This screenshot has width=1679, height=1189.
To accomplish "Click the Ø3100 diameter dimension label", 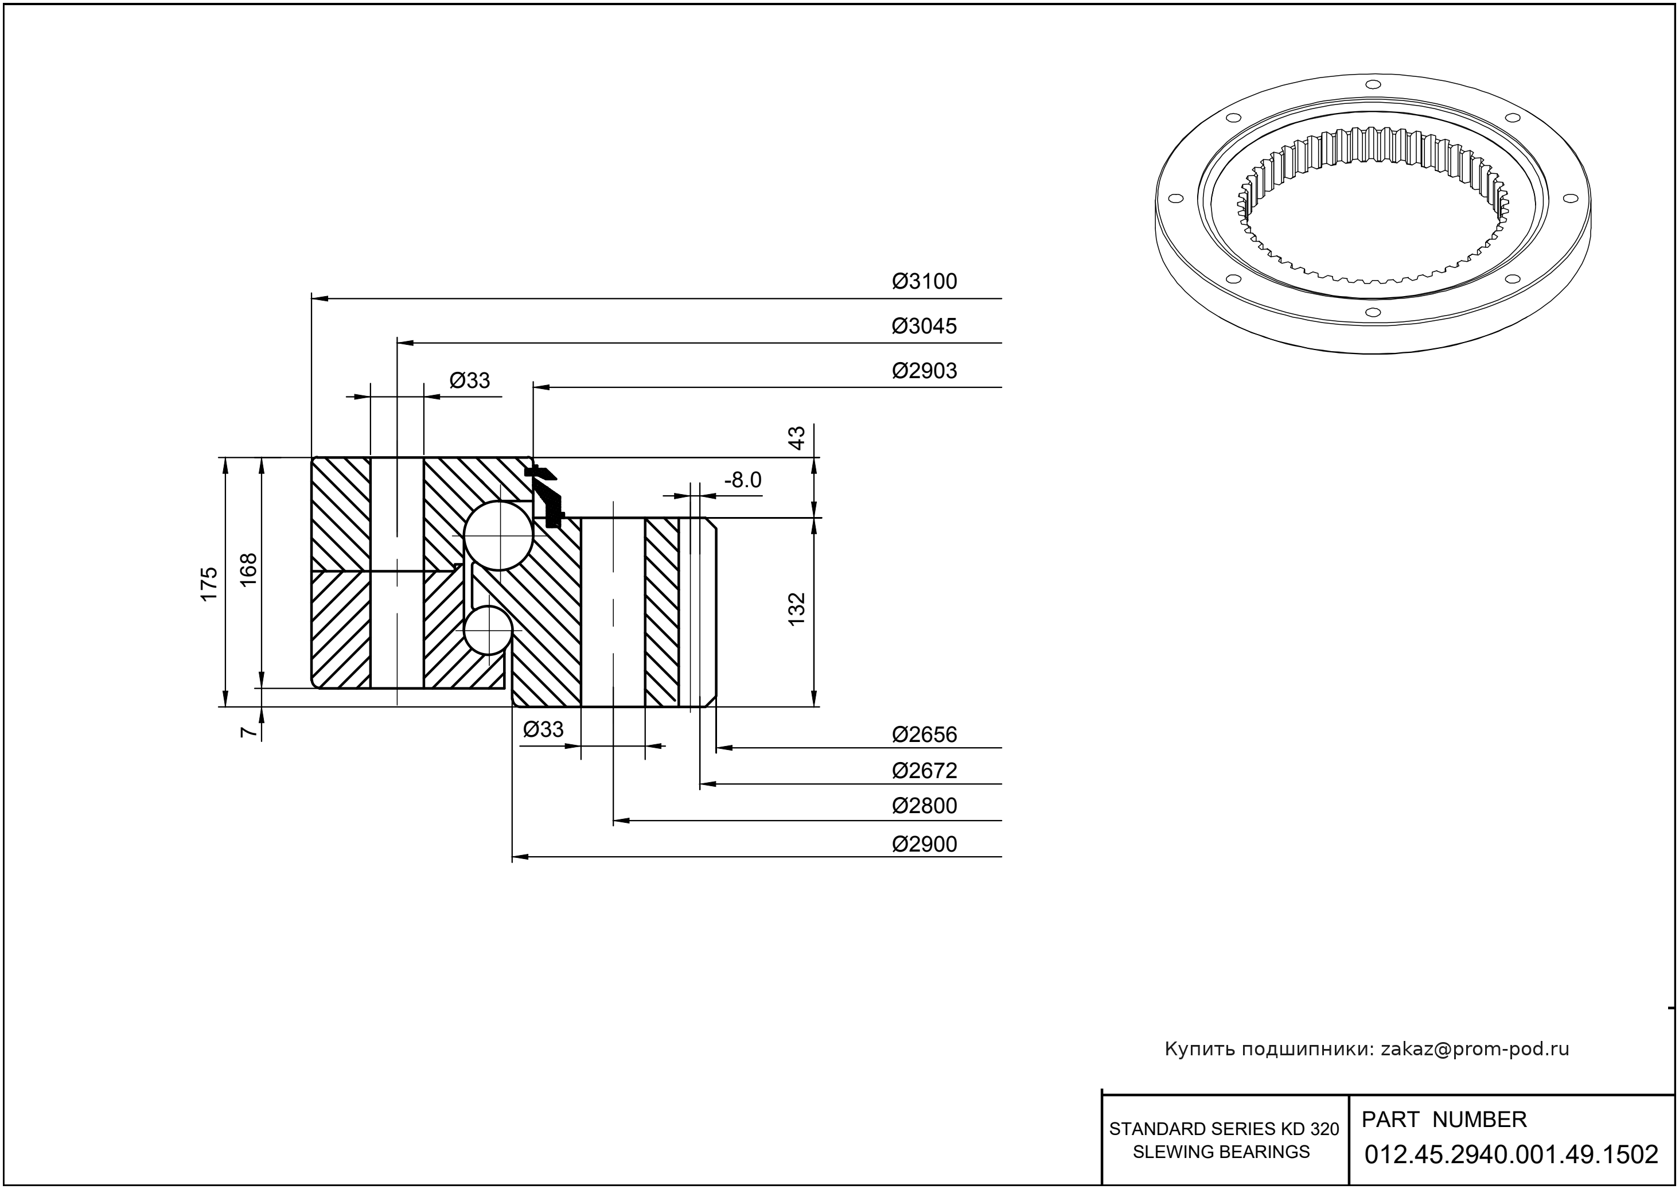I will click(x=924, y=282).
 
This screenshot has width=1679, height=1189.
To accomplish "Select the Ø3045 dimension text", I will click(x=924, y=327).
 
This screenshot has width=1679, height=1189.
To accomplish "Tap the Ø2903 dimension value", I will click(x=924, y=371).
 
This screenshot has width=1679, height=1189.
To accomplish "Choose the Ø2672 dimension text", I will click(x=924, y=771).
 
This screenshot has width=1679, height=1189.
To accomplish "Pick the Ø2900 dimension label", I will click(x=924, y=845).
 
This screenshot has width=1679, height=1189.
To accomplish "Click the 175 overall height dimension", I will click(x=209, y=584).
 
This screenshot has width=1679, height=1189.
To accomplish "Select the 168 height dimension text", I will click(x=249, y=569).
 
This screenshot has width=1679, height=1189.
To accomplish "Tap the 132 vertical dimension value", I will click(x=796, y=608).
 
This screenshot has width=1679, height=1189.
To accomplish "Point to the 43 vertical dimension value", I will click(x=796, y=438).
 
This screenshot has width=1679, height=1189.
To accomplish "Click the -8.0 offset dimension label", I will click(x=742, y=480).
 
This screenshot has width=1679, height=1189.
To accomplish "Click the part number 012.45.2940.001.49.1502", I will click(x=1512, y=1155).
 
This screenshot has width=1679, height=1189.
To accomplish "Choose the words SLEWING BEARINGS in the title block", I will click(x=1221, y=1152).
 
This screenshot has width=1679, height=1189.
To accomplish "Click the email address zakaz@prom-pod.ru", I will click(x=1474, y=1049).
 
